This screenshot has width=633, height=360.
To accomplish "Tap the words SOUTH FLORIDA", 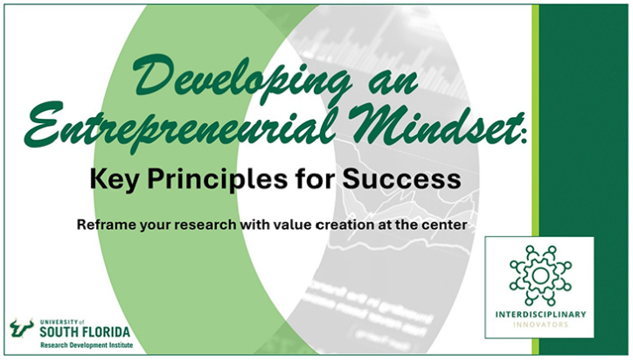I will coord(82,331).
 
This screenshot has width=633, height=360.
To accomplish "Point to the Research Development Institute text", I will coord(82,345).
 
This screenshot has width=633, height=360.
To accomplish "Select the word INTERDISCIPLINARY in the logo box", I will coord(539,314).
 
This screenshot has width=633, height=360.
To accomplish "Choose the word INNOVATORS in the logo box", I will coord(539,324).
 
